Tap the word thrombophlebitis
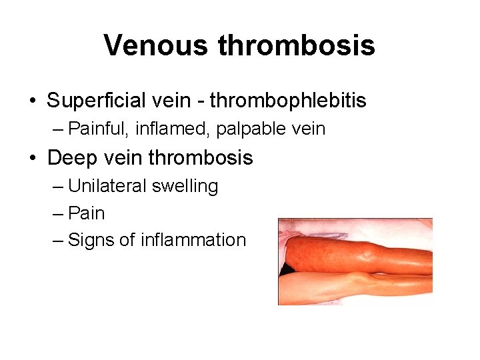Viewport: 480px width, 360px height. tap(288, 101)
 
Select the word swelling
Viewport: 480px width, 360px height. tap(185, 186)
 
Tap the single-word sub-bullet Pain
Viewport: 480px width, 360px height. tap(87, 213)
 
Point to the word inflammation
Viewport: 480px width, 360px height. tap(193, 240)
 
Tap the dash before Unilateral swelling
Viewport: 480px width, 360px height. tap(58, 187)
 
